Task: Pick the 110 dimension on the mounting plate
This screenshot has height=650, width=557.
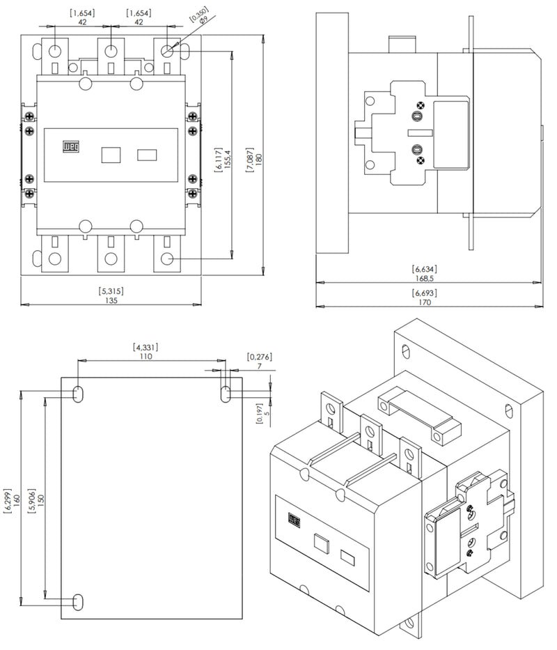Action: tap(146, 355)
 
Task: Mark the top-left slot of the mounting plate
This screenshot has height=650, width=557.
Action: tap(77, 394)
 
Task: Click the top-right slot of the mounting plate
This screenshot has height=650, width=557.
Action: tap(226, 394)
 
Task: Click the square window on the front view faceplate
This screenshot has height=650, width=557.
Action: tap(111, 154)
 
